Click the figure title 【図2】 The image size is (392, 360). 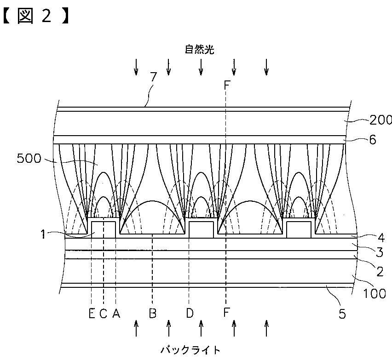[36, 17]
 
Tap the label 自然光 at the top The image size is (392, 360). [200, 50]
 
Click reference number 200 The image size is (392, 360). [380, 120]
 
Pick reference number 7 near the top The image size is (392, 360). [153, 77]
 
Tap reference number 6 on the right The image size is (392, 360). [373, 140]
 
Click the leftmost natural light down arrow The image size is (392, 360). [136, 67]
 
